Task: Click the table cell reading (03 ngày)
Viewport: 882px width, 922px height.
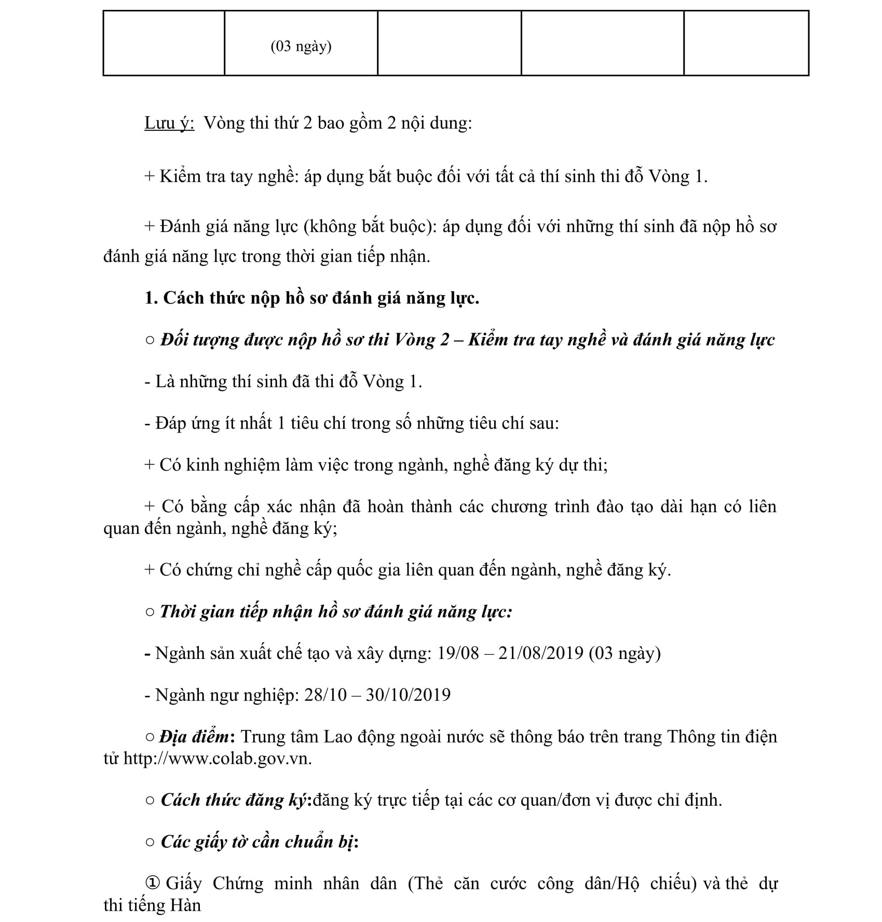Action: click(x=301, y=47)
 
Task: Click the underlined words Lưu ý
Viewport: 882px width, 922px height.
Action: click(x=169, y=123)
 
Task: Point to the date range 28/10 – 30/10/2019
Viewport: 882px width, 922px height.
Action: click(x=377, y=695)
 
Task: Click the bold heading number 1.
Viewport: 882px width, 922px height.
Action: click(x=151, y=298)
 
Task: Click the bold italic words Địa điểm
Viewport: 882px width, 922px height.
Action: click(x=194, y=737)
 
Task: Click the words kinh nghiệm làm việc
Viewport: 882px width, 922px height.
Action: click(x=267, y=465)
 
